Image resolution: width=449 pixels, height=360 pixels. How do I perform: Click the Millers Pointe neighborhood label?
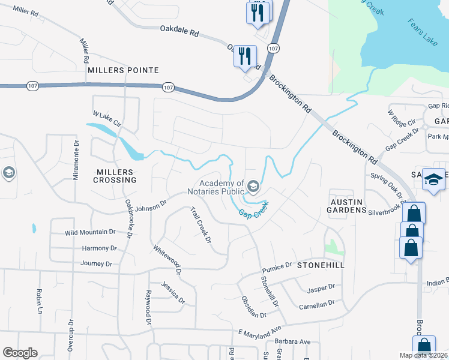(x=123, y=70)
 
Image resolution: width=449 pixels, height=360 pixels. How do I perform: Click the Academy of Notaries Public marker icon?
(x=253, y=187)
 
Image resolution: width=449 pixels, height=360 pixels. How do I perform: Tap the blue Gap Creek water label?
(x=253, y=209)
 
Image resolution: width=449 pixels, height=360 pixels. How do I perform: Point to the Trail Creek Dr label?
(x=201, y=225)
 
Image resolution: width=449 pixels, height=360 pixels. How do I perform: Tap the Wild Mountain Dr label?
(x=90, y=232)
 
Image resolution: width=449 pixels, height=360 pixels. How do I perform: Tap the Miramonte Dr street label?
(x=76, y=161)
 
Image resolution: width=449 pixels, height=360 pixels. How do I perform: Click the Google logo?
(x=20, y=353)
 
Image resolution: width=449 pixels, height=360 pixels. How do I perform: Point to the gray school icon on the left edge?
(x=8, y=173)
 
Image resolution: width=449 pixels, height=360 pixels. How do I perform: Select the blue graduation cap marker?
(x=433, y=179)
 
